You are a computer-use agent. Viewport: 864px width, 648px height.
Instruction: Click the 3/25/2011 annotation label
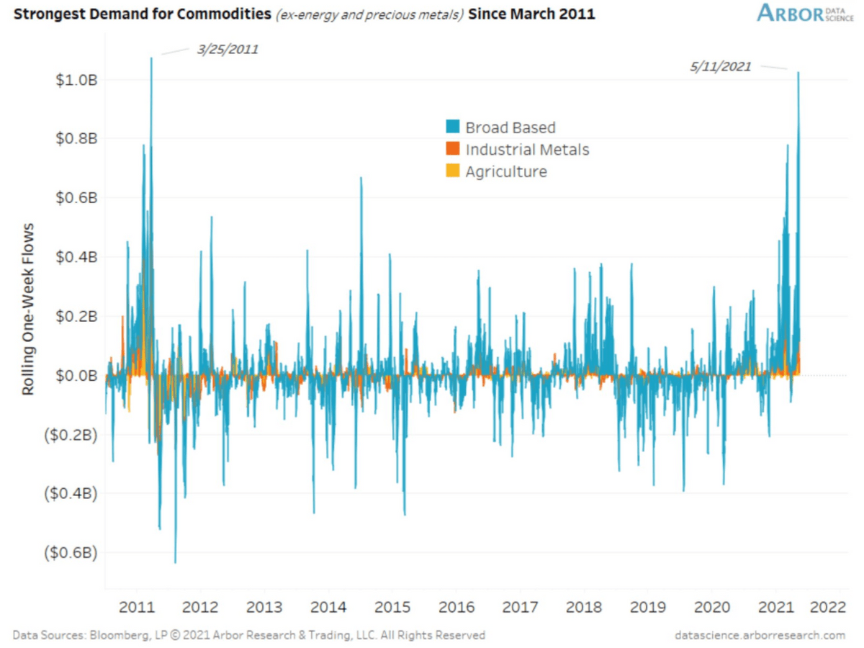pyautogui.click(x=228, y=50)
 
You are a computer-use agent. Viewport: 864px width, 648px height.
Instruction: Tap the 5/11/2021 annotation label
pyautogui.click(x=720, y=66)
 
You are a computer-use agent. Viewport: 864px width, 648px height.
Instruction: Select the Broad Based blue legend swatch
pyautogui.click(x=453, y=126)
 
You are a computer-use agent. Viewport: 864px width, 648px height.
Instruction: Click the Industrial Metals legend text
pyautogui.click(x=528, y=150)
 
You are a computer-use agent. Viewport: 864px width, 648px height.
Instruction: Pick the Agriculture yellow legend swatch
pyautogui.click(x=453, y=171)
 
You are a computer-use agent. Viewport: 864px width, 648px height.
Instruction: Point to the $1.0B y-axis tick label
pyautogui.click(x=77, y=80)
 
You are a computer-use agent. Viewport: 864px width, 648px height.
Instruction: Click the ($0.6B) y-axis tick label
pyautogui.click(x=71, y=552)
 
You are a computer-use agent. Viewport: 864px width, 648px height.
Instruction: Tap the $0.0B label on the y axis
pyautogui.click(x=77, y=375)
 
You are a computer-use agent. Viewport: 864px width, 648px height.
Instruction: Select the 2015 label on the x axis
pyautogui.click(x=392, y=607)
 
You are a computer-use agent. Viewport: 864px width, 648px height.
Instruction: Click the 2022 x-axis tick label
pyautogui.click(x=828, y=607)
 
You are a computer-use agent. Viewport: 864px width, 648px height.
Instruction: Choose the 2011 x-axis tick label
pyautogui.click(x=137, y=607)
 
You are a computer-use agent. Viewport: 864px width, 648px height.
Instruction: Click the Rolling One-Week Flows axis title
pyautogui.click(x=28, y=310)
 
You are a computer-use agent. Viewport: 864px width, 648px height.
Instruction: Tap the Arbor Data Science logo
pyautogui.click(x=805, y=13)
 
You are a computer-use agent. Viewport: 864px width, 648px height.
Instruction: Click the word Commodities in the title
pyautogui.click(x=224, y=14)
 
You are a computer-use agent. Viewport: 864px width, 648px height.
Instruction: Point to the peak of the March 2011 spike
pyautogui.click(x=151, y=58)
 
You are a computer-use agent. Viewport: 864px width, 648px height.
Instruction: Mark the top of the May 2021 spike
pyautogui.click(x=798, y=73)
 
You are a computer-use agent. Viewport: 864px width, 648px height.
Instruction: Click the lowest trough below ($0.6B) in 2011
pyautogui.click(x=175, y=562)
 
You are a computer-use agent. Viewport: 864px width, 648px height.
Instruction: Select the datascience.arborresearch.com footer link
pyautogui.click(x=760, y=635)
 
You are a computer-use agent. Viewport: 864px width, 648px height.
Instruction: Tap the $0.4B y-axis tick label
pyautogui.click(x=77, y=257)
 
